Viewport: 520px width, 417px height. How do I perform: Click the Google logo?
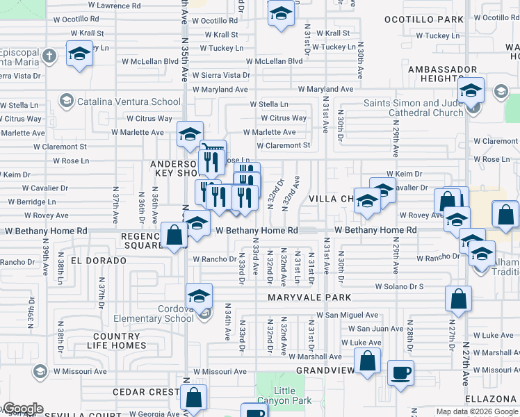click(x=22, y=409)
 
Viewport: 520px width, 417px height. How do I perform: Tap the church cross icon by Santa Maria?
click(x=49, y=55)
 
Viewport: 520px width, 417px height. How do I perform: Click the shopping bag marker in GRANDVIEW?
click(x=367, y=361)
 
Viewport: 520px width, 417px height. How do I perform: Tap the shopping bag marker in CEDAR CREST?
click(x=194, y=398)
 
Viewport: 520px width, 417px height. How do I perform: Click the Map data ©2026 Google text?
click(x=476, y=411)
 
